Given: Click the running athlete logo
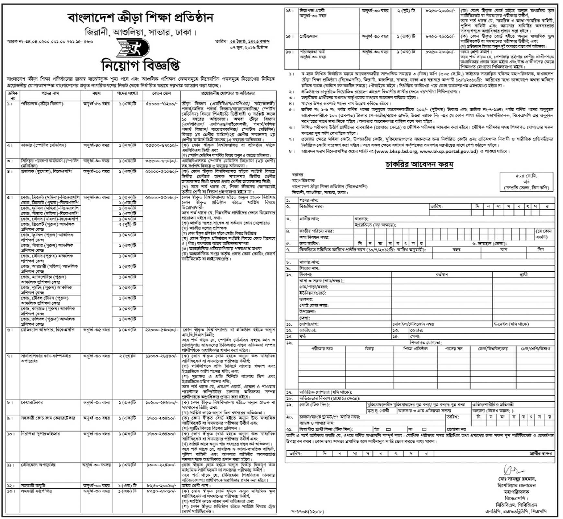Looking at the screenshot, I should [133, 48].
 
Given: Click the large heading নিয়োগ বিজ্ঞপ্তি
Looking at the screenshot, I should [140, 66].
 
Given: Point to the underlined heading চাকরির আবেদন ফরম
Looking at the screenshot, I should [419, 164].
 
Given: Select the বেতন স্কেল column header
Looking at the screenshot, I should [161, 94].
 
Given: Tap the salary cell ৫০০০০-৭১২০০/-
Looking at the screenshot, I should [161, 104].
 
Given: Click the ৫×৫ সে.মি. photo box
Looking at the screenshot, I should [526, 182].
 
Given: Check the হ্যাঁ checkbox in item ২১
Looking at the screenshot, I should [388, 429].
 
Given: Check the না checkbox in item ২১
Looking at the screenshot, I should [424, 429].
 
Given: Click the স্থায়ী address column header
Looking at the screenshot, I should [523, 275].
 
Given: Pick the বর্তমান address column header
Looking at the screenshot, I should [442, 275].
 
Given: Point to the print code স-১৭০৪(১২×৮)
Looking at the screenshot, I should [307, 512].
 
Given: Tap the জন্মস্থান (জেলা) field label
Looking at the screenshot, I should [491, 243].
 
